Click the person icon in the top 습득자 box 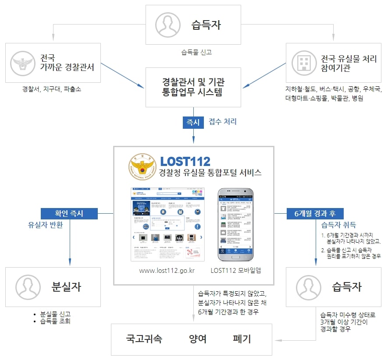pyautogui.click(x=167, y=25)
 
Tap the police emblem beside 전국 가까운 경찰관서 pyautogui.click(x=20, y=63)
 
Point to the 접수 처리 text pyautogui.click(x=223, y=122)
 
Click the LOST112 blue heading pyautogui.click(x=185, y=161)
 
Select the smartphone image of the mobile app pyautogui.click(x=236, y=224)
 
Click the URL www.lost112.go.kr pyautogui.click(x=167, y=270)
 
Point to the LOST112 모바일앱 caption pyautogui.click(x=235, y=270)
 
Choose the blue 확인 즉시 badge pyautogui.click(x=69, y=213)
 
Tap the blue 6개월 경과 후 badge pyautogui.click(x=312, y=213)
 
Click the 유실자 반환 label pyautogui.click(x=45, y=225)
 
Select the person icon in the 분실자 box pyautogui.click(x=28, y=287)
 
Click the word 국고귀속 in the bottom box pyautogui.click(x=144, y=339)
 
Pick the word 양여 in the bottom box pyautogui.click(x=198, y=339)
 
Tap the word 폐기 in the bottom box pyautogui.click(x=242, y=339)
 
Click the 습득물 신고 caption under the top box pyautogui.click(x=196, y=52)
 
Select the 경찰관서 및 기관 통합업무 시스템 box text pyautogui.click(x=193, y=87)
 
